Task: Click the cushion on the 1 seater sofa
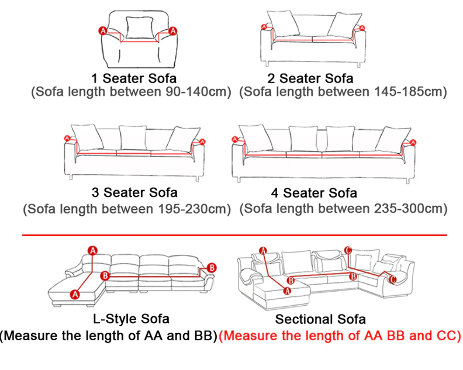[140, 27]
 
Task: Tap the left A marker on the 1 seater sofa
[102, 31]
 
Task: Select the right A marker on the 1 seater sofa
[172, 31]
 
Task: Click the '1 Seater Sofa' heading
[134, 78]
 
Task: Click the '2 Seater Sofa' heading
[310, 78]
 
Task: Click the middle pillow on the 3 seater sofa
[133, 137]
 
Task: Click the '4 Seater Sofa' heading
[314, 193]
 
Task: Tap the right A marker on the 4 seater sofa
[413, 143]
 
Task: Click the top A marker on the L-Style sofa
[93, 251]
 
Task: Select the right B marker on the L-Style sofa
[212, 268]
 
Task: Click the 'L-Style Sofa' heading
[131, 319]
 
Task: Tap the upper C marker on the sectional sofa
[348, 250]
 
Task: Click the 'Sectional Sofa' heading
[320, 320]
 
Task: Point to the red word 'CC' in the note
[446, 336]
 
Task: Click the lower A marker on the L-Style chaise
[75, 295]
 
